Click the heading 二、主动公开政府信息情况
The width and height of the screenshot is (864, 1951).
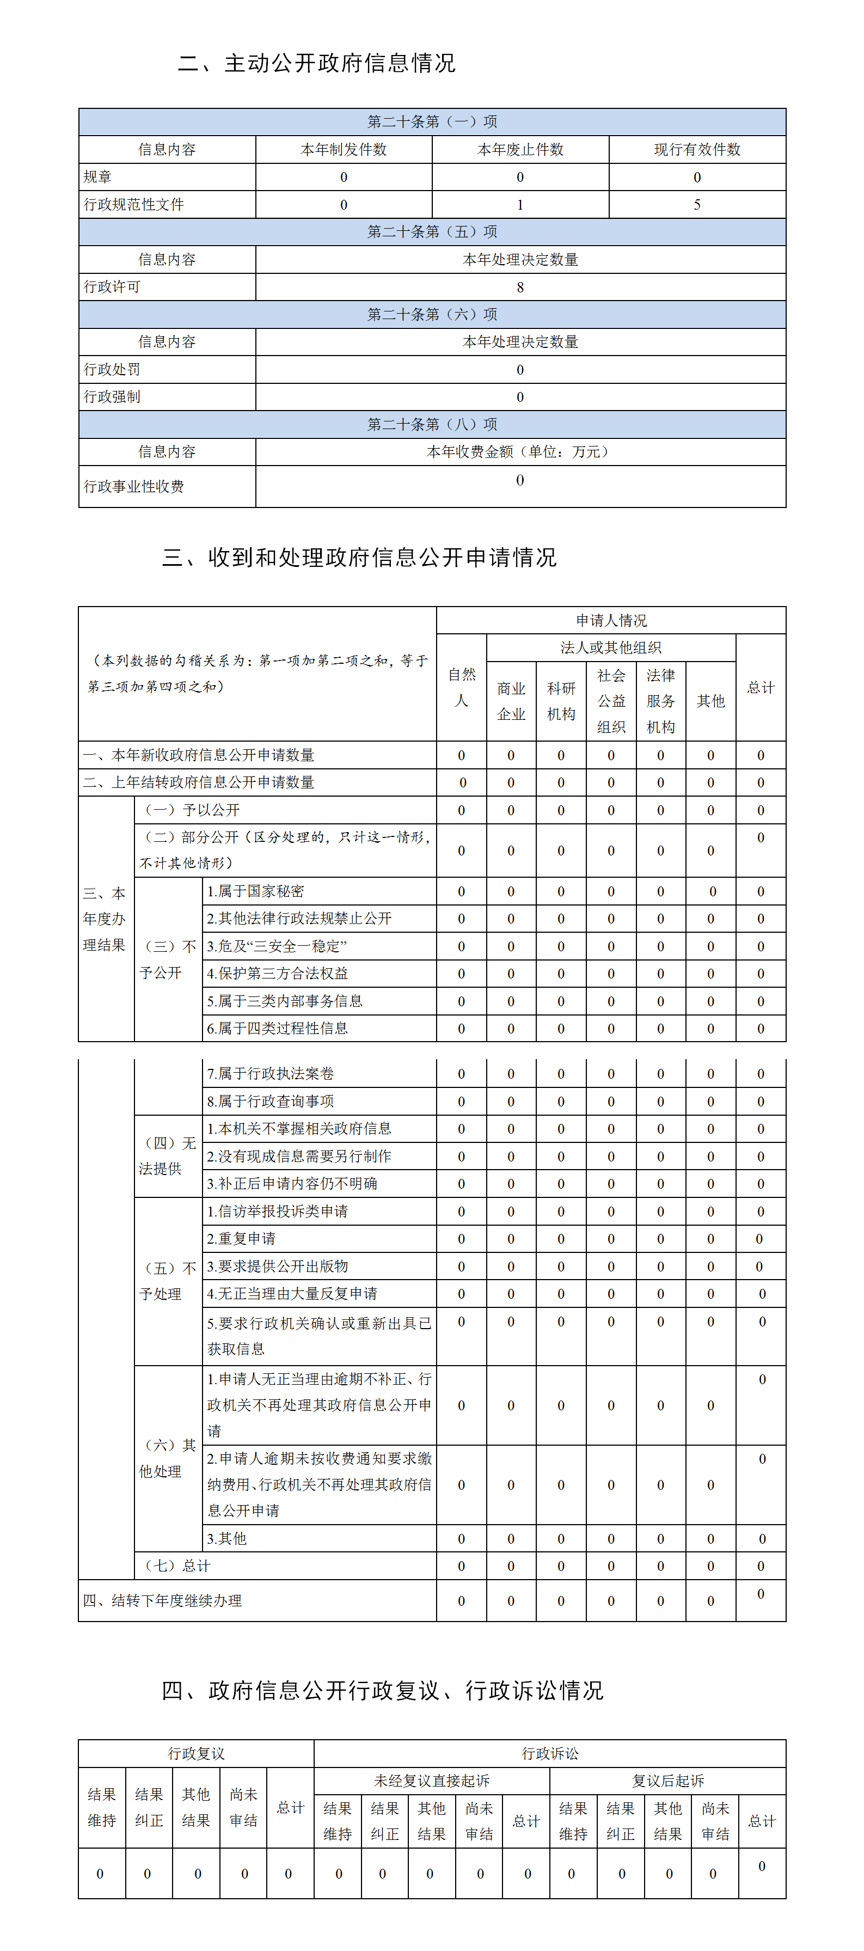pyautogui.click(x=316, y=63)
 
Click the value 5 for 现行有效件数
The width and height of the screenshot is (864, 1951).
pyautogui.click(x=697, y=205)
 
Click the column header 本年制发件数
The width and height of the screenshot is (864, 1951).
pyautogui.click(x=343, y=149)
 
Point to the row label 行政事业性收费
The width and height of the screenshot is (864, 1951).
pyautogui.click(x=134, y=486)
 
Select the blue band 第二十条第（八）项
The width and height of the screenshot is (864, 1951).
pyautogui.click(x=432, y=424)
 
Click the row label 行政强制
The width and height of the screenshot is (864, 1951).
pyautogui.click(x=112, y=397)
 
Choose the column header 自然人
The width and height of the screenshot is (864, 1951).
pyautogui.click(x=461, y=687)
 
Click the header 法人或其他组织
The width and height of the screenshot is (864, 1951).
pyautogui.click(x=610, y=647)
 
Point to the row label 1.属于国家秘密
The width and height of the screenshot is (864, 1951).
pyautogui.click(x=255, y=891)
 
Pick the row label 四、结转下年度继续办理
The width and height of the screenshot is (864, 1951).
pyautogui.click(x=163, y=1600)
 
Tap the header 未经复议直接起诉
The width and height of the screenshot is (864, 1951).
pyautogui.click(x=432, y=1781)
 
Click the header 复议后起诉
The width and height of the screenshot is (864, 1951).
pyautogui.click(x=668, y=1781)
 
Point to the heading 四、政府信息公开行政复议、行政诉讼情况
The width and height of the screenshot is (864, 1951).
pyautogui.click(x=382, y=1691)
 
